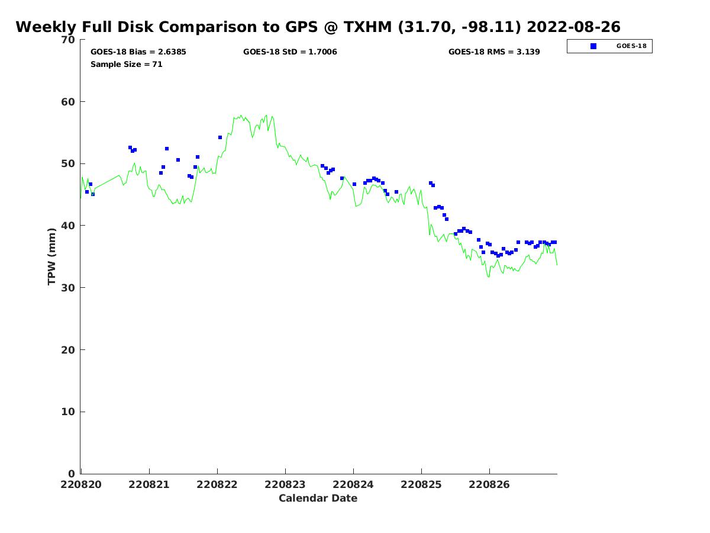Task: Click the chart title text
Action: [x=318, y=27]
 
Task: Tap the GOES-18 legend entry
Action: [x=609, y=46]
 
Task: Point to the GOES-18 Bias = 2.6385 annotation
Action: [x=138, y=52]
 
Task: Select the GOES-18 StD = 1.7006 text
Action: [x=290, y=52]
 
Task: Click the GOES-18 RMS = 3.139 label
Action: [x=494, y=52]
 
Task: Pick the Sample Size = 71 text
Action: [x=126, y=64]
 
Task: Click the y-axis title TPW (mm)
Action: [x=52, y=256]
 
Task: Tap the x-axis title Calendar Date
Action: [x=318, y=498]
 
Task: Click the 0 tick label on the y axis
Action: [x=72, y=474]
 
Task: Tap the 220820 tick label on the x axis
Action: [x=81, y=484]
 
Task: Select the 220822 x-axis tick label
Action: [x=217, y=484]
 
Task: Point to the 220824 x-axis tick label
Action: [x=353, y=484]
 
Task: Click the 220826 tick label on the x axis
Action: [x=489, y=484]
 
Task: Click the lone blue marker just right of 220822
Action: [x=220, y=137]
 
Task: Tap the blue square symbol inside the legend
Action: [x=593, y=46]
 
